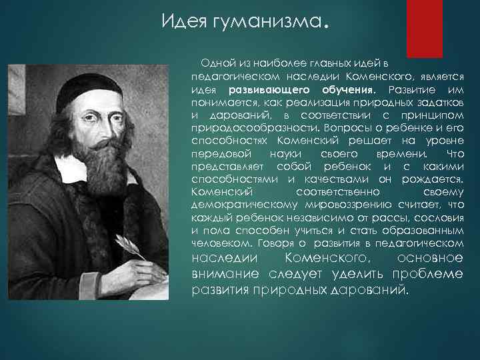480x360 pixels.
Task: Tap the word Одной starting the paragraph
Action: pyautogui.click(x=215, y=63)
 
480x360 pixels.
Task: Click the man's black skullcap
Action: pyautogui.click(x=80, y=86)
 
